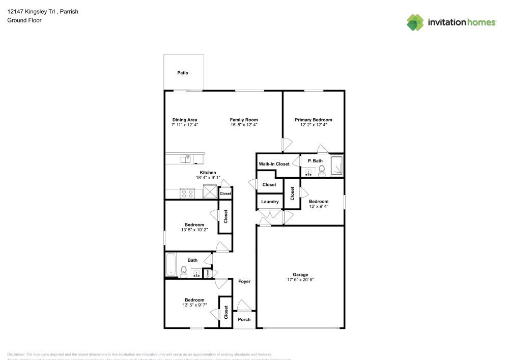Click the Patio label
183,73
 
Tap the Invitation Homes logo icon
415,22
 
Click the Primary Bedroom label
314,120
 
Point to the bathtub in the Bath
171,265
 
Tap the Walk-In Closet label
274,164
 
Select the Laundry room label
269,202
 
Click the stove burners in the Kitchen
187,193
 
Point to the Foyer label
244,281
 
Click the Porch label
244,319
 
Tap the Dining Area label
184,120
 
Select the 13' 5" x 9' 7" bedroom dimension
194,305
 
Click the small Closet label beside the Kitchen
225,193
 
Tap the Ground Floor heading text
24,20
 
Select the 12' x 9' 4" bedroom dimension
319,206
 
